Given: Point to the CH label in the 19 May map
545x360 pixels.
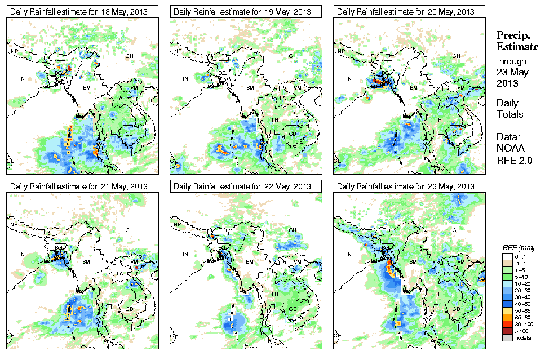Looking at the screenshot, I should coord(293,56).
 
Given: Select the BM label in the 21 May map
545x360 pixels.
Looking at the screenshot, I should coord(87,262).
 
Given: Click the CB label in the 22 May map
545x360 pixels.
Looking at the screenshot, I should coord(293,309).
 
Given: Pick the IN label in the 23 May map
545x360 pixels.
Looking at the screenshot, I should coord(349,254).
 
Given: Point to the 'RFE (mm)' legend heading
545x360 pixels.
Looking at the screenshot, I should coord(519,247).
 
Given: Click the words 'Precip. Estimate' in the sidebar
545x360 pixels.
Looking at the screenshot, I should coord(517,41).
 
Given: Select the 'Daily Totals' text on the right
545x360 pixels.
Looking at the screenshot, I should coord(509,109).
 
